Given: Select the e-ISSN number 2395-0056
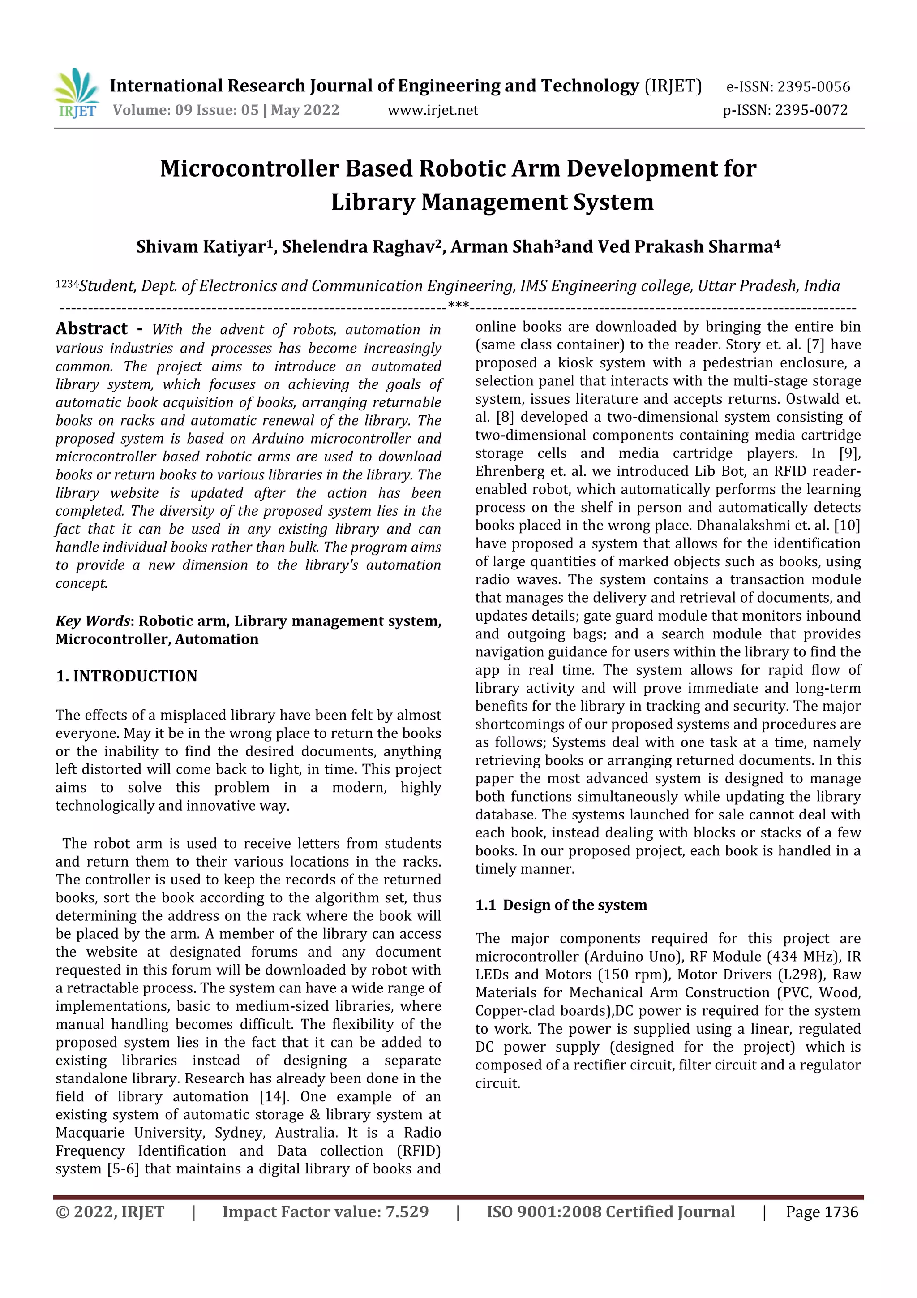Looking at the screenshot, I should click(813, 87).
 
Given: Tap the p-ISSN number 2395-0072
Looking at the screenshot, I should click(811, 110).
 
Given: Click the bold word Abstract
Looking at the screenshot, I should click(91, 328).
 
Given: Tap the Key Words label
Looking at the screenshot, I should click(93, 621).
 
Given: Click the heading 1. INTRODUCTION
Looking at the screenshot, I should click(127, 676).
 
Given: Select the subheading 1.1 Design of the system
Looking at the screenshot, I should click(561, 905).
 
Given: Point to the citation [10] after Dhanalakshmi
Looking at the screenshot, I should click(846, 525).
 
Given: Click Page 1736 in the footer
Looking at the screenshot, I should click(822, 1212).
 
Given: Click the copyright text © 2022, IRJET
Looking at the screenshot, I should click(110, 1212).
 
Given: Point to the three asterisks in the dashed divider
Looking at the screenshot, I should click(458, 306).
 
